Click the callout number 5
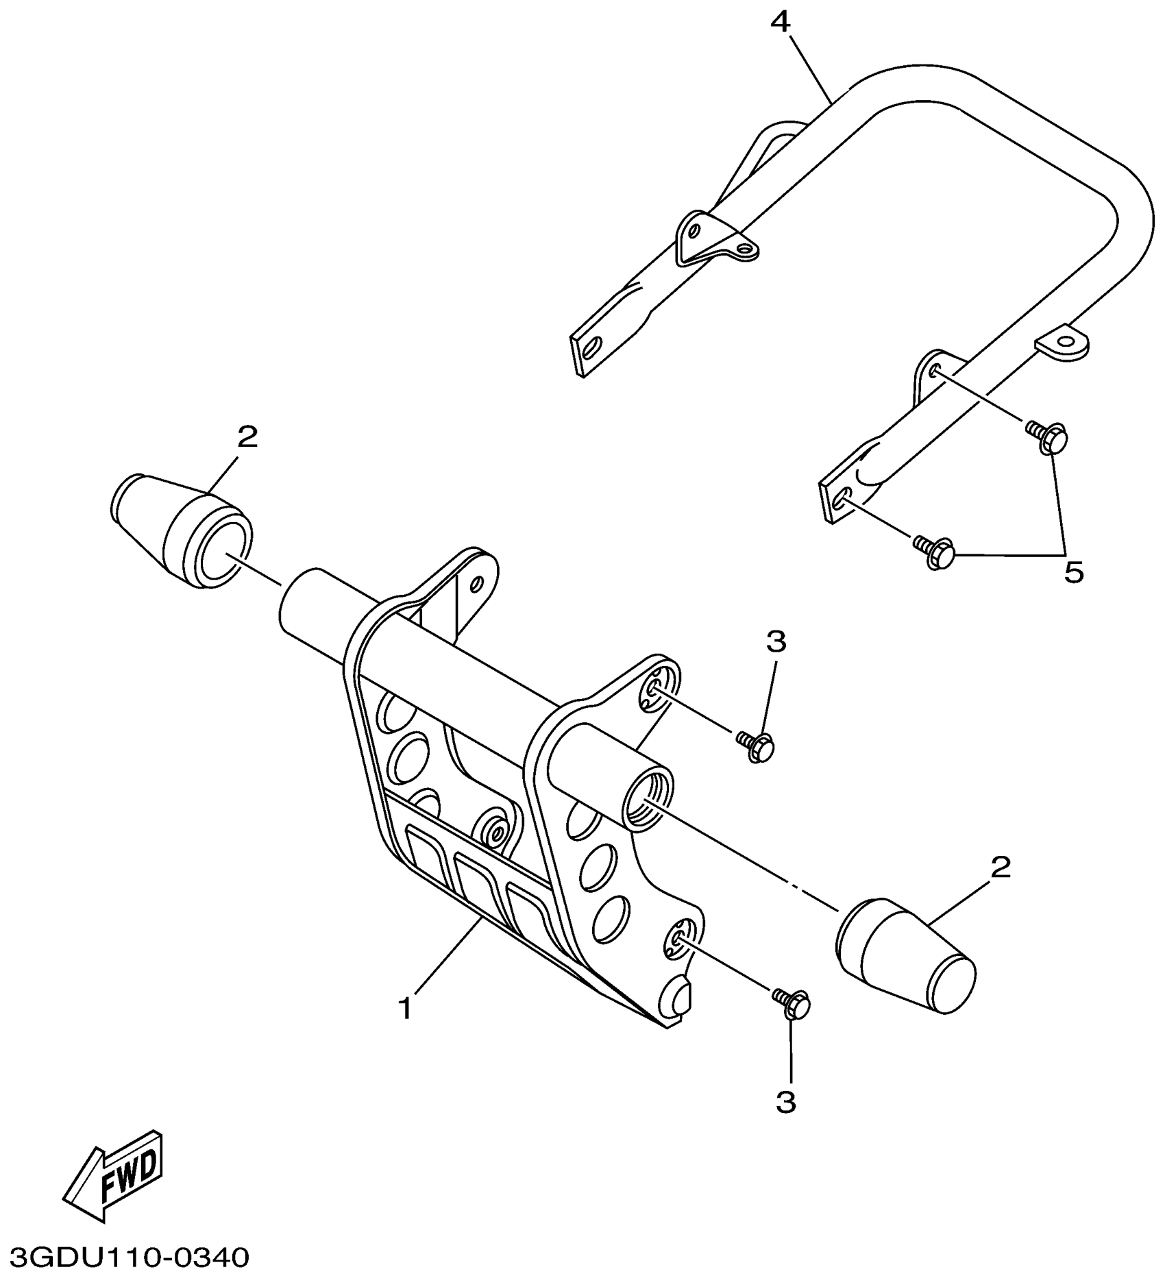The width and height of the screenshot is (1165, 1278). [x=1073, y=572]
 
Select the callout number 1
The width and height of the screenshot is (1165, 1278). [x=406, y=1009]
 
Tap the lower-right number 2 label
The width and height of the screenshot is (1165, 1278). [x=1000, y=868]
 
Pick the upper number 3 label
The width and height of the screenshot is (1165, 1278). [x=776, y=642]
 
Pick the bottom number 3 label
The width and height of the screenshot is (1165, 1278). [x=786, y=1103]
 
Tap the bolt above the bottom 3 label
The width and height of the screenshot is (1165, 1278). [x=794, y=1005]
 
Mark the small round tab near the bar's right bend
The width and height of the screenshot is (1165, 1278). [x=1064, y=343]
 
